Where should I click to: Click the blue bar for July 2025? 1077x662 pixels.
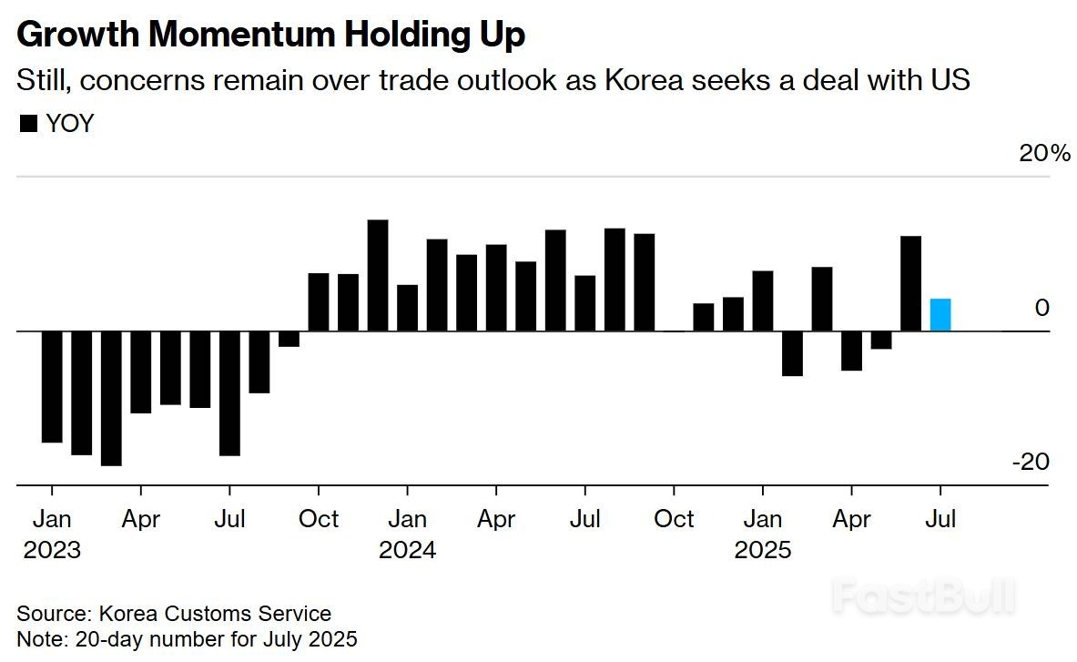tap(940, 315)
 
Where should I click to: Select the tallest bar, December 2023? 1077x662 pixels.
tap(378, 275)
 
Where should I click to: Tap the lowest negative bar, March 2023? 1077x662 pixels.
tap(111, 398)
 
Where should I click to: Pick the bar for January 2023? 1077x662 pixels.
tap(52, 386)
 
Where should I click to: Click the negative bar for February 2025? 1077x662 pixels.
tap(792, 353)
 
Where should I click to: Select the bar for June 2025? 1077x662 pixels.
tap(910, 283)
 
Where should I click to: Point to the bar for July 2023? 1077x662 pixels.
tap(229, 392)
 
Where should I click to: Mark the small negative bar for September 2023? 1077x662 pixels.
tap(289, 339)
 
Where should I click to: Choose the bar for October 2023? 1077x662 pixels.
tap(319, 301)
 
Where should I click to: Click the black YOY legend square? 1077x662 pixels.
tap(28, 124)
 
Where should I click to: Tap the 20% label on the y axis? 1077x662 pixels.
tap(1044, 153)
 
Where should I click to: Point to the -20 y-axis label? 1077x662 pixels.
tap(1031, 462)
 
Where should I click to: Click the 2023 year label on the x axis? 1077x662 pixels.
tap(52, 550)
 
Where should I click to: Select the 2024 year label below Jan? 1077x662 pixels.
tap(407, 550)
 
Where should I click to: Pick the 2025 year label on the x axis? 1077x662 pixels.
tap(762, 550)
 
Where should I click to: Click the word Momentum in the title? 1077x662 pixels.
tap(243, 35)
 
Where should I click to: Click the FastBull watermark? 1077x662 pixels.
tap(923, 597)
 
